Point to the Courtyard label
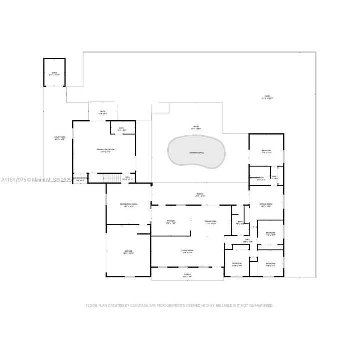pyautogui.click(x=60, y=138)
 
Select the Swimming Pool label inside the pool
pyautogui.click(x=197, y=152)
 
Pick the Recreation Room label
pyautogui.click(x=128, y=205)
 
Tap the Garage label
pyautogui.click(x=129, y=251)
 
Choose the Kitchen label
pyautogui.click(x=171, y=222)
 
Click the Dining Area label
pyautogui.click(x=210, y=222)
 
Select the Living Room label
pyautogui.click(x=187, y=251)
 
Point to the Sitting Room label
pyautogui.click(x=265, y=205)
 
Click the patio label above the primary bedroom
pyautogui.click(x=103, y=112)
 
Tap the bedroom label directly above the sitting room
pyautogui.click(x=266, y=152)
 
